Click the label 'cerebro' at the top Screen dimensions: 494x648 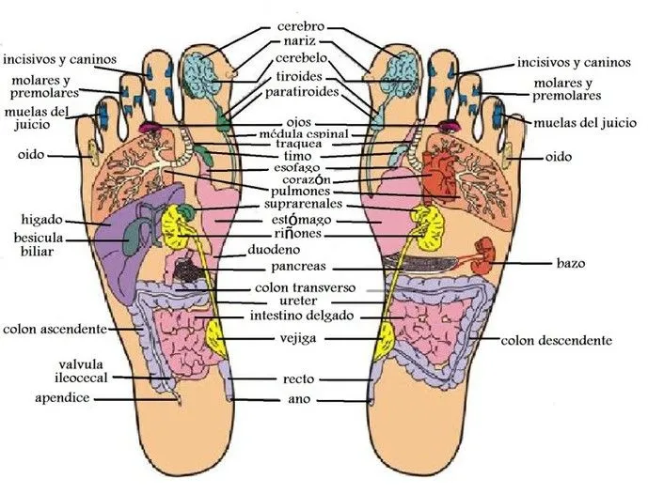pos(301,27)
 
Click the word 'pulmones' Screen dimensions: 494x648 pos(299,191)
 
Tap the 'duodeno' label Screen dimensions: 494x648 pos(273,251)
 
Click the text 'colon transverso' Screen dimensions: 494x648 pos(304,287)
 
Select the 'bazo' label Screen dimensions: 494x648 pos(570,264)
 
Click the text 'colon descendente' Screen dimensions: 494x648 pos(556,340)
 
